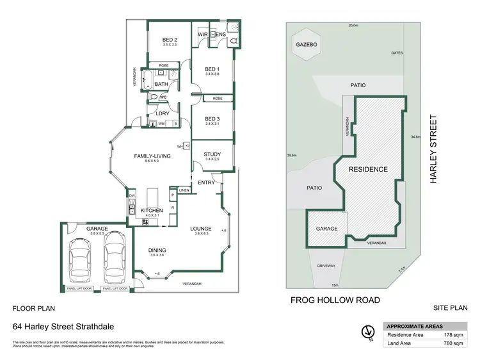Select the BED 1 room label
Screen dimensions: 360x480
[x=212, y=69]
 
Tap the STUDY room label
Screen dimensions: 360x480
[x=212, y=154]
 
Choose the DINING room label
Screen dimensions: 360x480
[x=157, y=250]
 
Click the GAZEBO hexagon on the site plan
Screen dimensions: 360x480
[x=304, y=45]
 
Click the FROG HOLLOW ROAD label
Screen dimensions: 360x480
[x=335, y=300]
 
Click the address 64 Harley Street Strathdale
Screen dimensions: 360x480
[x=55, y=326]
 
